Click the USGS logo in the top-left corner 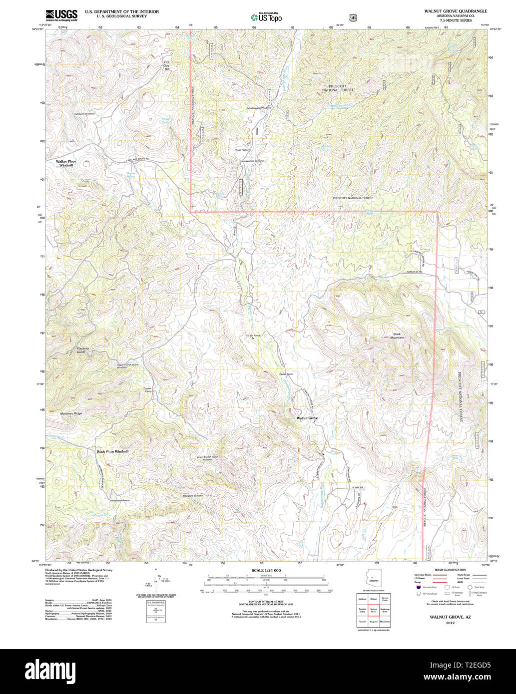tap(61, 15)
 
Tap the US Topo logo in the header tap(266, 17)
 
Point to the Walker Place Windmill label tap(66, 163)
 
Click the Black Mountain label tap(398, 336)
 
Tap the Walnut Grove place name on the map tap(307, 418)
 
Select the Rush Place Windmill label tap(112, 451)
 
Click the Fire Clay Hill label tap(167, 66)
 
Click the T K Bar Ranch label tap(253, 336)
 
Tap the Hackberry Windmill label tap(84, 114)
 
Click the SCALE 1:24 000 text tap(266, 570)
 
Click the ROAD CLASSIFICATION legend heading tap(450, 570)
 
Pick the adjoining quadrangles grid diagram tap(374, 610)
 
